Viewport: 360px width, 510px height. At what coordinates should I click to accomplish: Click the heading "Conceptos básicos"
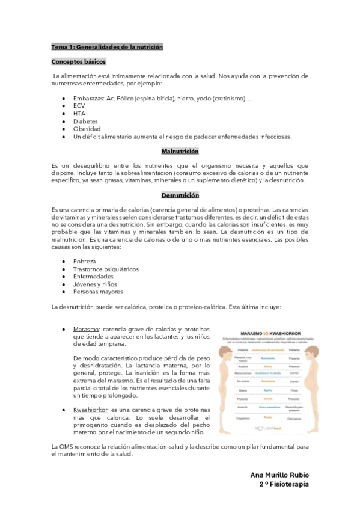[x=78, y=61]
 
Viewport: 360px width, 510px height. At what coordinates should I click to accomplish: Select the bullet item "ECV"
[x=79, y=105]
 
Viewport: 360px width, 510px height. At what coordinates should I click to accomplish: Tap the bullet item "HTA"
[x=79, y=113]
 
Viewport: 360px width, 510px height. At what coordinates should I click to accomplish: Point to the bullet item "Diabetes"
[x=85, y=121]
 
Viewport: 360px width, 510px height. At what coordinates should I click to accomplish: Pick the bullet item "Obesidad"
[x=87, y=129]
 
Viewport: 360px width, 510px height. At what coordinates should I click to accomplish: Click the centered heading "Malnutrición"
[x=180, y=152]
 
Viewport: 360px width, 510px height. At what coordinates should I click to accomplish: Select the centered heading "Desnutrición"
[x=180, y=195]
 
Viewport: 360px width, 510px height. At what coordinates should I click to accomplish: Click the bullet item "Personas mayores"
[x=98, y=292]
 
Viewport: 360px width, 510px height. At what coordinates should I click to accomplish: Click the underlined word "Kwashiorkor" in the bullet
[x=90, y=409]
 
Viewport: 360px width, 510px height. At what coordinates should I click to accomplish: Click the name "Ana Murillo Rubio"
[x=279, y=475]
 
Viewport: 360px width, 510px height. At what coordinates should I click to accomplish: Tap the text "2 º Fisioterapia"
[x=284, y=484]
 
